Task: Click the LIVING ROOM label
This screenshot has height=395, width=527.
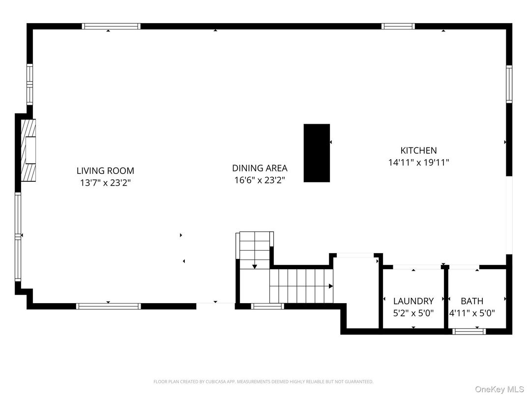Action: tap(105, 171)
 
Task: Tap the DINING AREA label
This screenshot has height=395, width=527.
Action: tap(260, 168)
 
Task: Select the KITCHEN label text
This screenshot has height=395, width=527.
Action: tap(418, 151)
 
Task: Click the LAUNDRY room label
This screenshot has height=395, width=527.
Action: tap(413, 301)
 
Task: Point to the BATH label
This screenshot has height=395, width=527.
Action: tap(472, 301)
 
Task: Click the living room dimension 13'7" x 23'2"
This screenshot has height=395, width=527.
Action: tap(105, 182)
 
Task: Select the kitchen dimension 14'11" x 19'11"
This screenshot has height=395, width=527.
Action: tap(418, 162)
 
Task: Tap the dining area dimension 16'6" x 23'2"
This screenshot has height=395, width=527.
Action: tap(260, 180)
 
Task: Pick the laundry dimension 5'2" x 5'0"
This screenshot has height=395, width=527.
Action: tap(413, 312)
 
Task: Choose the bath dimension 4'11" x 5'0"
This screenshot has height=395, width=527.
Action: tap(472, 312)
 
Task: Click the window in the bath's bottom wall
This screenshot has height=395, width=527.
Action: tap(469, 332)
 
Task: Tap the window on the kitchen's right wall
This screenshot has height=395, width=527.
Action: tap(509, 84)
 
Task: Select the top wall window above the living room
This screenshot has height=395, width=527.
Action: tap(111, 27)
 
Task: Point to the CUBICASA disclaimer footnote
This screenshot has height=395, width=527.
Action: tap(263, 382)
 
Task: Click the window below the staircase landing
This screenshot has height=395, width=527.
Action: tap(267, 307)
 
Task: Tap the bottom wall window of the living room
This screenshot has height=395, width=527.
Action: tap(109, 307)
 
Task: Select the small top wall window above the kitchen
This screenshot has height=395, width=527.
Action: tap(398, 27)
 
